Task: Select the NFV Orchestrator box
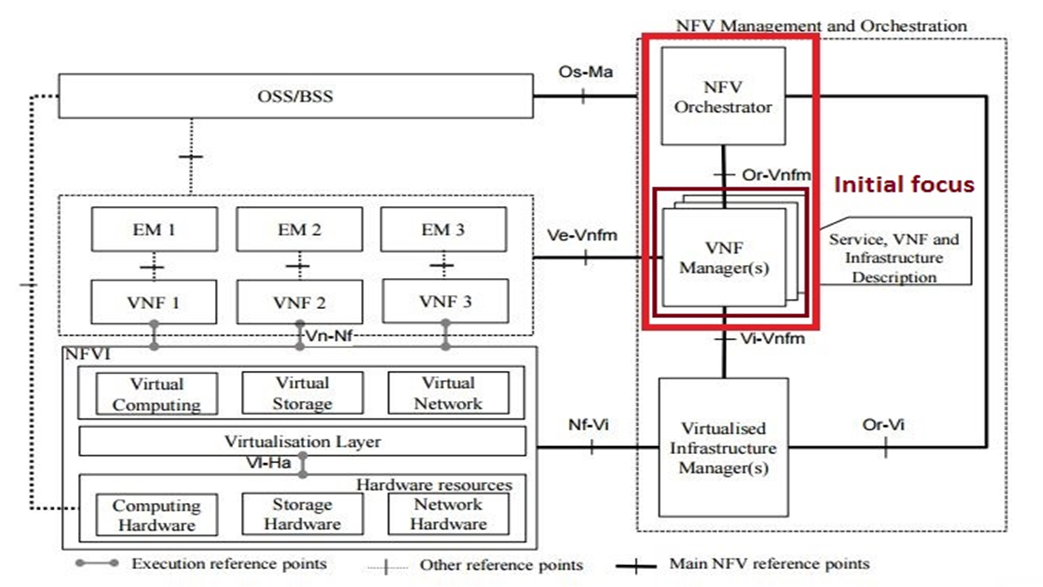[x=723, y=96]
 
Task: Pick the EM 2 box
[x=299, y=229]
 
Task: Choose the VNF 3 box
[x=445, y=302]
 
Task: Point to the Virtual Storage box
[x=302, y=393]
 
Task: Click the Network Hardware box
[x=448, y=514]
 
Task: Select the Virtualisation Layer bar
[x=302, y=441]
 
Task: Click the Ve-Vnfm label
[x=583, y=236]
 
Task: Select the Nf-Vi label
[x=588, y=425]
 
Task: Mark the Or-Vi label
[x=883, y=425]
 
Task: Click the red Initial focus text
[x=903, y=185]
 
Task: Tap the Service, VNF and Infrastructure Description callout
[x=894, y=258]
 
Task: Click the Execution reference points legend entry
[x=229, y=563]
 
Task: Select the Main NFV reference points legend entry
[x=768, y=563]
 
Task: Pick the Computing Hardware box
[x=156, y=514]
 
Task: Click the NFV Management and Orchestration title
[x=821, y=25]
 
